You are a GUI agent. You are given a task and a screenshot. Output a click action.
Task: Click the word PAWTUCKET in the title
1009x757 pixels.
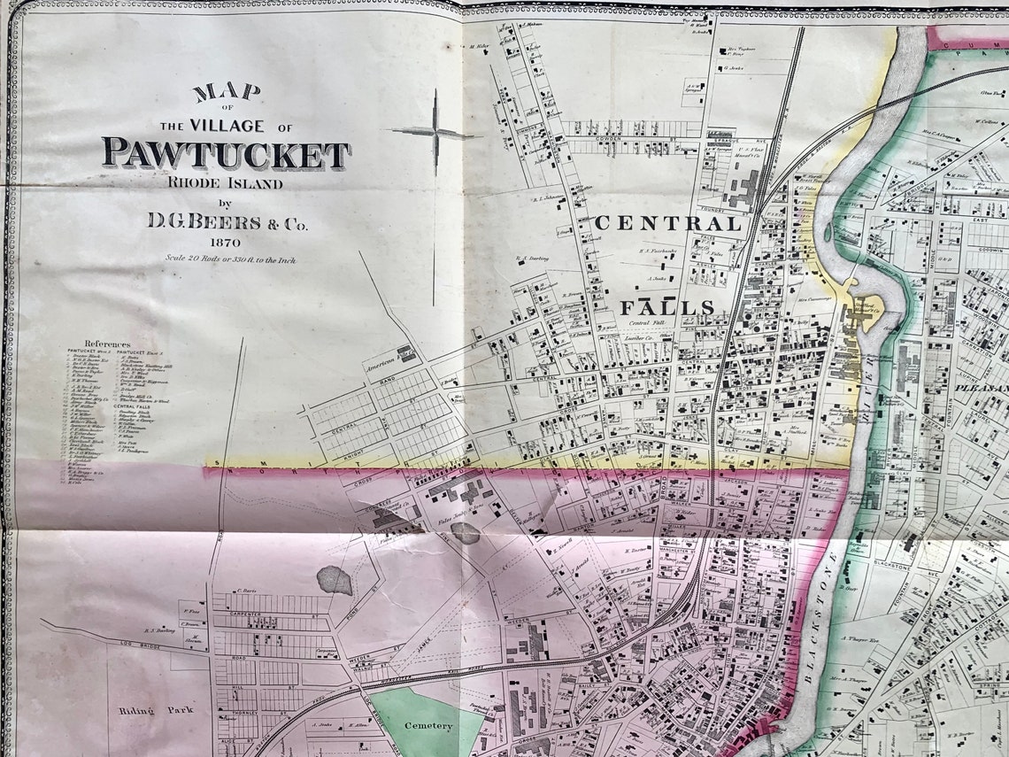coord(226,153)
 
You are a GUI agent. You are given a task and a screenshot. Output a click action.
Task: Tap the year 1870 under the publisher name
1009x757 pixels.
coord(227,243)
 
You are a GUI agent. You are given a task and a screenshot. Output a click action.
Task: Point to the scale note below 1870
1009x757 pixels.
coord(229,259)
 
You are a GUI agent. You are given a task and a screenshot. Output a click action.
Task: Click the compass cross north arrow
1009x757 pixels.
coord(434,133)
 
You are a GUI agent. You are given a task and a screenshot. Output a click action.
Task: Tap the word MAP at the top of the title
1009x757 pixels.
coord(227,91)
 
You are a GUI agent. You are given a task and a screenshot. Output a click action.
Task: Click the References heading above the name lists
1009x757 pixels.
coord(107,344)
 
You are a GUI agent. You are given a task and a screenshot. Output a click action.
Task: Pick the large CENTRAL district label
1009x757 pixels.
coord(668,223)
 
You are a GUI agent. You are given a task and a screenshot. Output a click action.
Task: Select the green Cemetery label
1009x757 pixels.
coord(428,726)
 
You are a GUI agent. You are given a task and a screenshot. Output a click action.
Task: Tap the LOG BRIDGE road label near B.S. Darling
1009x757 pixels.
coord(84,637)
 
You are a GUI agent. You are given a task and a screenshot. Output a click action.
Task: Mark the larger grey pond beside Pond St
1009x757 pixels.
coord(335,580)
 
